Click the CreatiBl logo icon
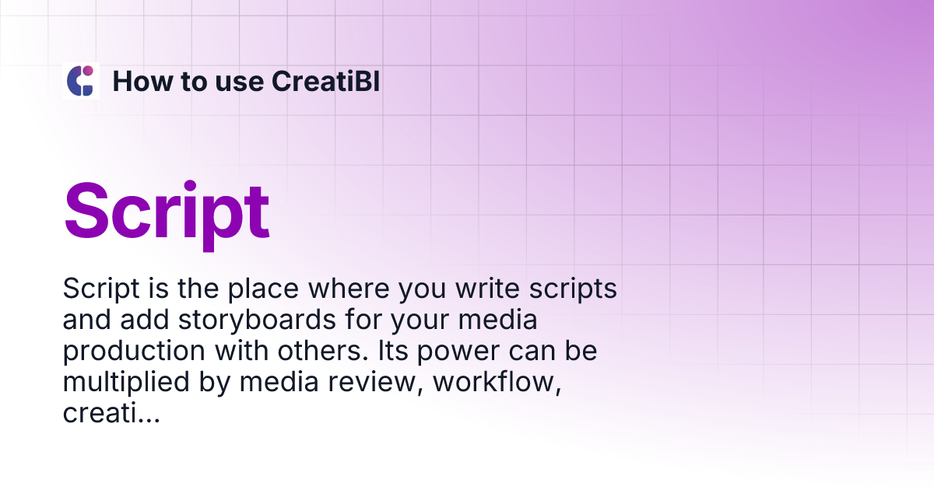81,81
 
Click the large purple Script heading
167,211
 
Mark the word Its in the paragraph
392,352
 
